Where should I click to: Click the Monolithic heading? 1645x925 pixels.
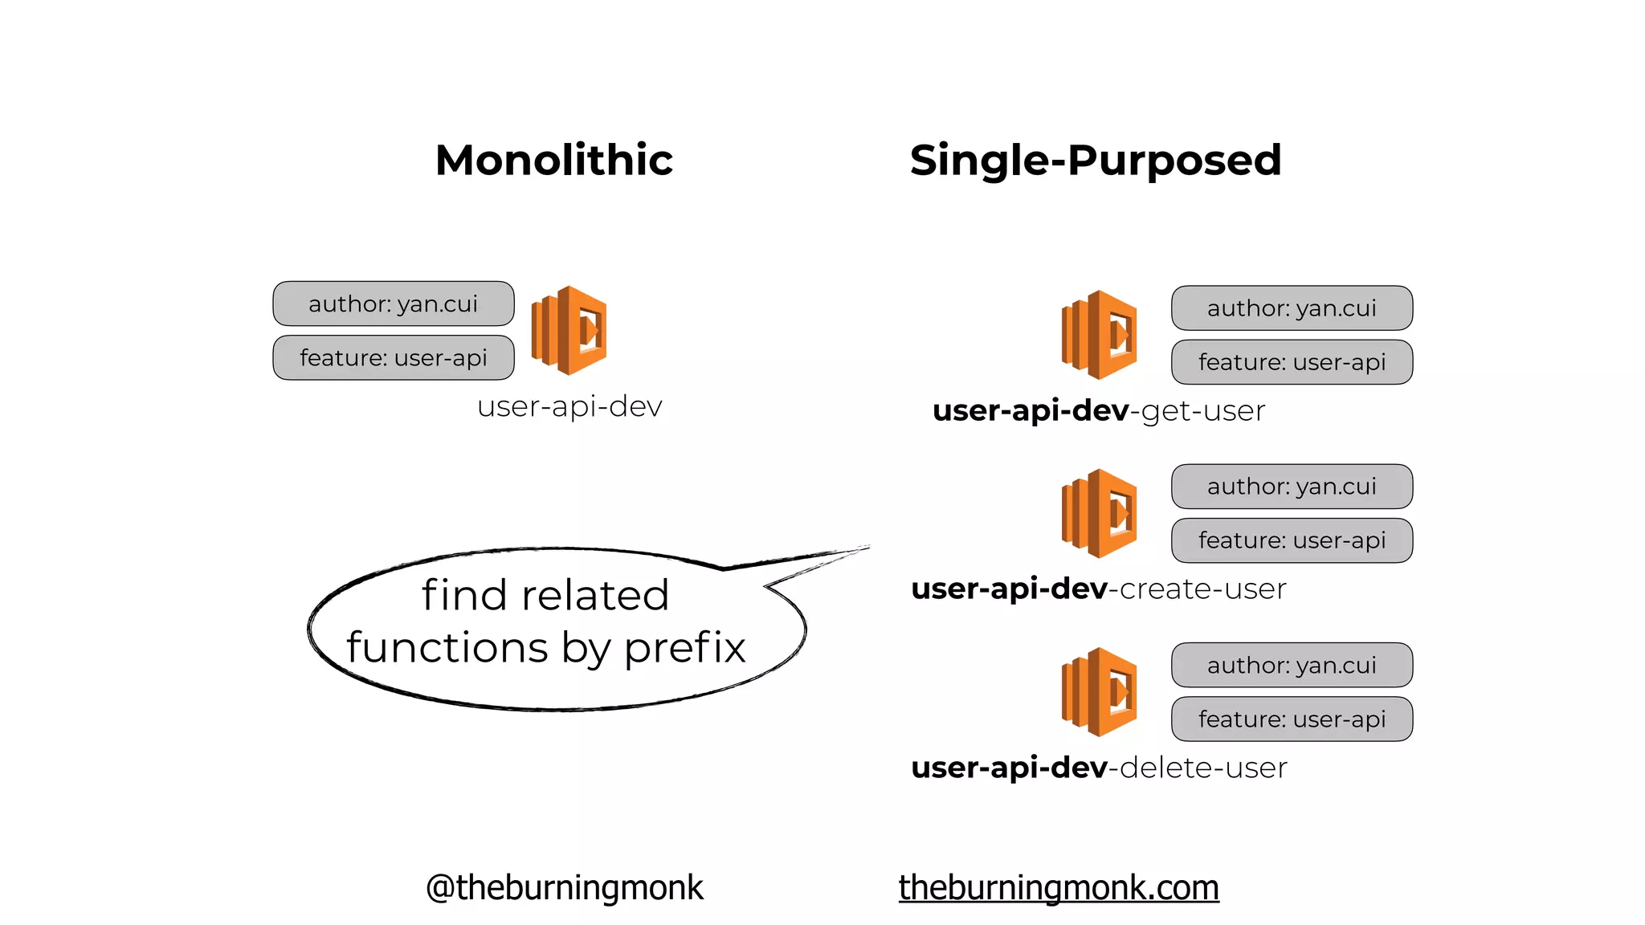pyautogui.click(x=554, y=160)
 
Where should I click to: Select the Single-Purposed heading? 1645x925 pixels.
pyautogui.click(x=1095, y=160)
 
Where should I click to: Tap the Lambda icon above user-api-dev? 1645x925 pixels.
pyautogui.click(x=569, y=330)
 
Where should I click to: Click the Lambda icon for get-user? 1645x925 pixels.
pyautogui.click(x=1099, y=335)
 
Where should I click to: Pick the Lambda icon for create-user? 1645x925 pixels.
pyautogui.click(x=1099, y=513)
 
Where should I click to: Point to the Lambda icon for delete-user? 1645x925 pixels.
pyautogui.click(x=1099, y=691)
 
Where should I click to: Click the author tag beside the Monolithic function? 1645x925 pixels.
pyautogui.click(x=394, y=304)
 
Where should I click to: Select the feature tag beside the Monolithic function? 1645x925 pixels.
pyautogui.click(x=394, y=357)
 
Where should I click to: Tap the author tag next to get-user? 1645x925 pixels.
pyautogui.click(x=1292, y=308)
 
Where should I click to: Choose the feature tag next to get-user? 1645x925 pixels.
pyautogui.click(x=1292, y=362)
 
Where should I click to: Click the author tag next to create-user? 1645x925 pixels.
pyautogui.click(x=1292, y=487)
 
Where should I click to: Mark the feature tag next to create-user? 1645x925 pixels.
pyautogui.click(x=1292, y=540)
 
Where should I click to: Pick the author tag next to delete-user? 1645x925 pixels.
pyautogui.click(x=1292, y=665)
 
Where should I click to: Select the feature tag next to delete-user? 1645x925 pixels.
pyautogui.click(x=1292, y=719)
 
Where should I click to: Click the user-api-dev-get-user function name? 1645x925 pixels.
pyautogui.click(x=1099, y=411)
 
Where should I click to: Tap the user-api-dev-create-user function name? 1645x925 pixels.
pyautogui.click(x=1099, y=589)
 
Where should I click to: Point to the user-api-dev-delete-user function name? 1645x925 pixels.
pyautogui.click(x=1099, y=768)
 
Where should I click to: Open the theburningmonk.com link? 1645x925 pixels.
pyautogui.click(x=1059, y=888)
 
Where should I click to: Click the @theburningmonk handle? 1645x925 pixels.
pyautogui.click(x=565, y=888)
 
